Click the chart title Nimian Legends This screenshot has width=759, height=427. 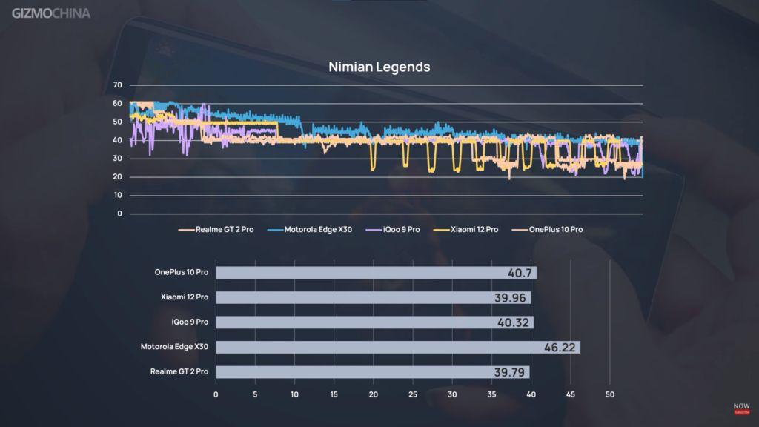pos(379,67)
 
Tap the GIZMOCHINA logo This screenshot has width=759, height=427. pos(51,13)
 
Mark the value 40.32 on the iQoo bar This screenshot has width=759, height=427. pos(514,322)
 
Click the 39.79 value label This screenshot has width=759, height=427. pos(511,372)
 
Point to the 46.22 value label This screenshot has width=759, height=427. pos(560,347)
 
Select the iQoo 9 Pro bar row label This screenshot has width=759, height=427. pos(188,322)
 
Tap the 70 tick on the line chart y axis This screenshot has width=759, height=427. pos(117,85)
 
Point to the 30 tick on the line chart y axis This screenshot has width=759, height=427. pos(117,159)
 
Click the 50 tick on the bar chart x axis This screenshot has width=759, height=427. pos(609,394)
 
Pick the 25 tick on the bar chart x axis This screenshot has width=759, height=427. pos(413,394)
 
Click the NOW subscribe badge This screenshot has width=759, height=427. pos(741,408)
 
